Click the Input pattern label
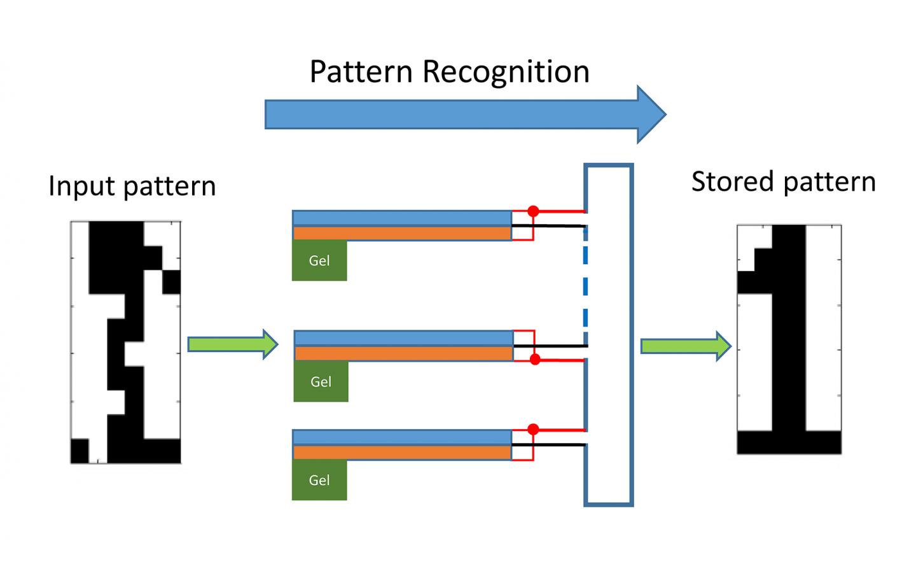click(132, 187)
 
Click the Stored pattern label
click(783, 182)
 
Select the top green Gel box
click(319, 260)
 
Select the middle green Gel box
click(321, 381)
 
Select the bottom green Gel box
click(319, 480)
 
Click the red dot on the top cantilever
click(533, 211)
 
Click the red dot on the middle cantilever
click(535, 360)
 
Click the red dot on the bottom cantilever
click(533, 430)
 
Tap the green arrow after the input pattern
click(233, 344)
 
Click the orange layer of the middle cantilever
click(403, 353)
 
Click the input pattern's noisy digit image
click(125, 342)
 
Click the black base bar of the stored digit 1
click(789, 442)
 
